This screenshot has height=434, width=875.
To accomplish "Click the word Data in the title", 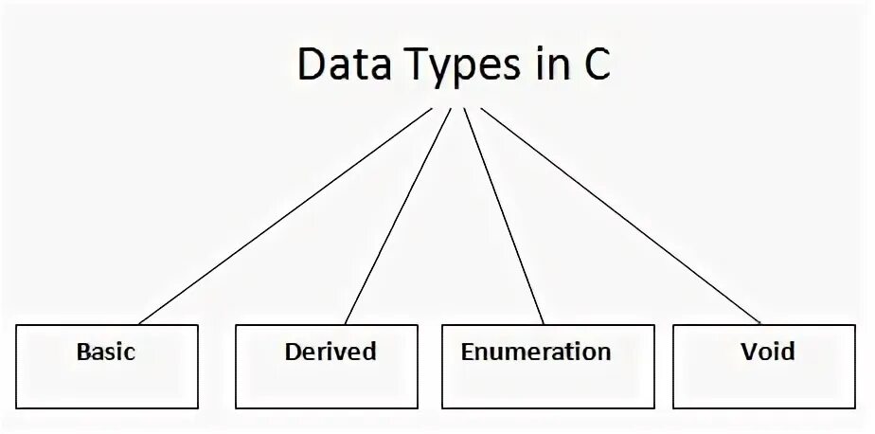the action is pyautogui.click(x=335, y=66).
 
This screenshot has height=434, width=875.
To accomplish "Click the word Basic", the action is pyautogui.click(x=105, y=353).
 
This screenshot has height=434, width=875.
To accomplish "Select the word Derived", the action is pyautogui.click(x=330, y=352).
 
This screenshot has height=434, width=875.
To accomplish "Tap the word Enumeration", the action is pyautogui.click(x=536, y=353).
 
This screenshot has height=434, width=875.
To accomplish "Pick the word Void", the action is pyautogui.click(x=768, y=353).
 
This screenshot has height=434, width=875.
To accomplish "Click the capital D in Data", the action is pyautogui.click(x=310, y=66).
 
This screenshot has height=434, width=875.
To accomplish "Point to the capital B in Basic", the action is pyautogui.click(x=82, y=353).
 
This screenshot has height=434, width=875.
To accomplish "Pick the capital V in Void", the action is pyautogui.click(x=749, y=353).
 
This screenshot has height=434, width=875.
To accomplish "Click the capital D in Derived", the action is pyautogui.click(x=293, y=352).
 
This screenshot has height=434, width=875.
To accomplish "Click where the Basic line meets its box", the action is pyautogui.click(x=138, y=324).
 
